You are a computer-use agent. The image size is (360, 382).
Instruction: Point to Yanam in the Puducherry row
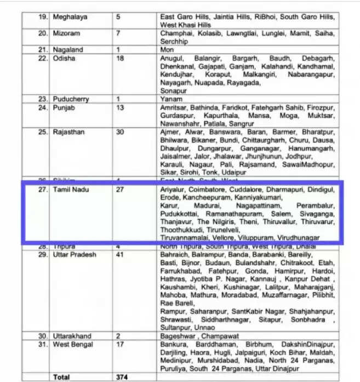171,99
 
